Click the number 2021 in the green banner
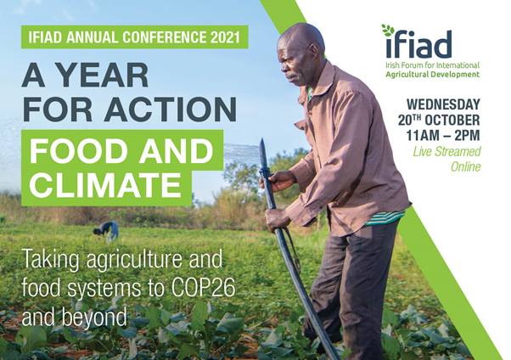[225, 37]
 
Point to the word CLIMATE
[105, 184]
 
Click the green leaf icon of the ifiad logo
[388, 30]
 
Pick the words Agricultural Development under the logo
[432, 75]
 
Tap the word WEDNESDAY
[443, 104]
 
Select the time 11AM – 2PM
[443, 135]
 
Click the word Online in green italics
[466, 166]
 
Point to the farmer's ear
[314, 52]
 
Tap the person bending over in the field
[106, 231]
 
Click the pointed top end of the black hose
[261, 139]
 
